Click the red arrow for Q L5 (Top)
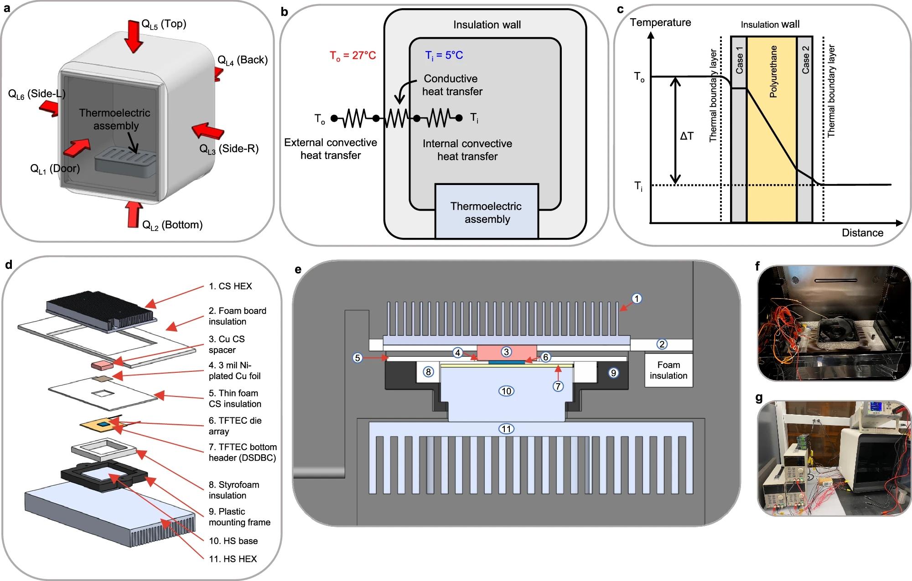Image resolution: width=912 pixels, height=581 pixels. click(133, 36)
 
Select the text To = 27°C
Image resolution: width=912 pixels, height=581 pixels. click(353, 56)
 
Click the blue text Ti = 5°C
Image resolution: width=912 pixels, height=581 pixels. click(444, 55)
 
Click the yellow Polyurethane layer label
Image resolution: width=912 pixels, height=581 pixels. click(773, 72)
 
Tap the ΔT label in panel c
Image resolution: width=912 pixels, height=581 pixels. click(686, 136)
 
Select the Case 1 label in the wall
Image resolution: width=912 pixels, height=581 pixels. click(739, 61)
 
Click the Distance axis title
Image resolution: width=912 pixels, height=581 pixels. click(862, 233)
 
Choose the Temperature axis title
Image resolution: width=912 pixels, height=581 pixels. click(660, 22)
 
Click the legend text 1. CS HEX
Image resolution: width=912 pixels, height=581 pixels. click(230, 286)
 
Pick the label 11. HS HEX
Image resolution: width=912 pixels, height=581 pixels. click(233, 559)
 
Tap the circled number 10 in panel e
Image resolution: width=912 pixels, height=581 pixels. click(506, 391)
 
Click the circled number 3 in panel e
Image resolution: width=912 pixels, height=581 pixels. click(506, 352)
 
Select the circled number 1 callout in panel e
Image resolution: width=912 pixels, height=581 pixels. click(637, 299)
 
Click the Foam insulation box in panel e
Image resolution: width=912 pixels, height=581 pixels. click(668, 370)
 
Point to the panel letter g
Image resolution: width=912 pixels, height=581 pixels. click(759, 398)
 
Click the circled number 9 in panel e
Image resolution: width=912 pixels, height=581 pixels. click(613, 373)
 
